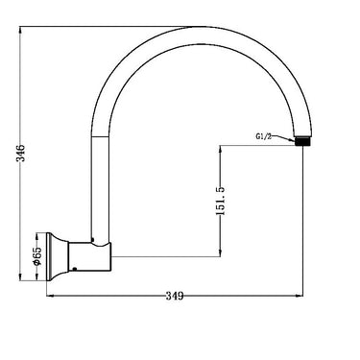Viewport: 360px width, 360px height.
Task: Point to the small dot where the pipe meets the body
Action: [92, 237]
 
